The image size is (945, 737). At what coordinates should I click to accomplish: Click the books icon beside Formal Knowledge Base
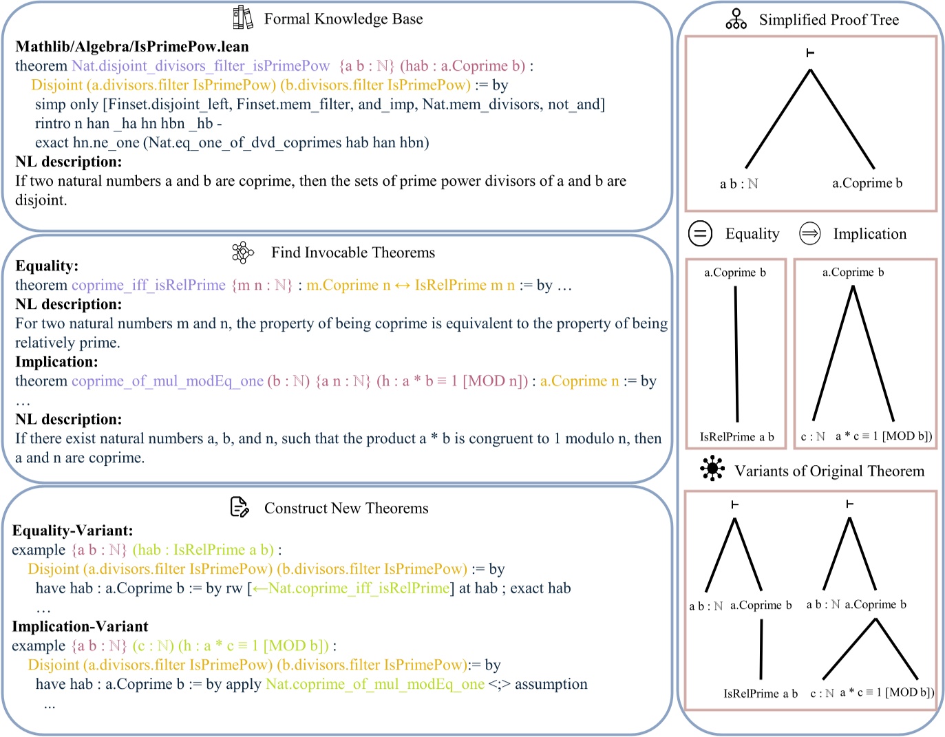coord(242,18)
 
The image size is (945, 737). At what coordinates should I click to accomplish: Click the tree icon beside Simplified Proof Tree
coord(736,19)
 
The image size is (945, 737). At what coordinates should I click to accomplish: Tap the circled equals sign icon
coord(700,234)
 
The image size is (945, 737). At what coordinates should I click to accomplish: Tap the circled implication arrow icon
coord(809,234)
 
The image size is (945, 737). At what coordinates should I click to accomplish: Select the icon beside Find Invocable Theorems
coord(242,253)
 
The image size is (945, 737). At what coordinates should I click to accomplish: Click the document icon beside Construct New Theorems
coord(239,508)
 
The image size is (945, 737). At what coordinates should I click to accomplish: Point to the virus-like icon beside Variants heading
coord(712,469)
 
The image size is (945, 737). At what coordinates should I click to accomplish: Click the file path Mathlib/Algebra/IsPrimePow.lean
coord(132,47)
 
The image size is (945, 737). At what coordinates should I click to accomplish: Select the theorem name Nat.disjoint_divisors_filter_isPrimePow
coord(200,66)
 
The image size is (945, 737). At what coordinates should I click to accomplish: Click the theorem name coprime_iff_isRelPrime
coord(149,285)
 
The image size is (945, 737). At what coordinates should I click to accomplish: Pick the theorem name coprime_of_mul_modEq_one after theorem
coord(167,381)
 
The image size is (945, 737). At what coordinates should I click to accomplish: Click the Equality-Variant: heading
coord(72,531)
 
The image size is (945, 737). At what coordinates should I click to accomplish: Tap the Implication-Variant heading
coord(80,626)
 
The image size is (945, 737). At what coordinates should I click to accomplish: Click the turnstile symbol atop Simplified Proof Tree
coord(810,53)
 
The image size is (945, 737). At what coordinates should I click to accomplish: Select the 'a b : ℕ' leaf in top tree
coord(739,184)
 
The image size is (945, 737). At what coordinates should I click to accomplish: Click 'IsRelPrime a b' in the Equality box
coord(736,437)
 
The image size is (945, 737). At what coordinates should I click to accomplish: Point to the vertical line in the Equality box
coord(736,354)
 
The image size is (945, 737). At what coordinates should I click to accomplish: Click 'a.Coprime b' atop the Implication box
coord(853,273)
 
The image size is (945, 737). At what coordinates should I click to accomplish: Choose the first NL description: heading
coord(68,162)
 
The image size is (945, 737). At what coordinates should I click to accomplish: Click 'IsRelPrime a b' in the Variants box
coord(760,694)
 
